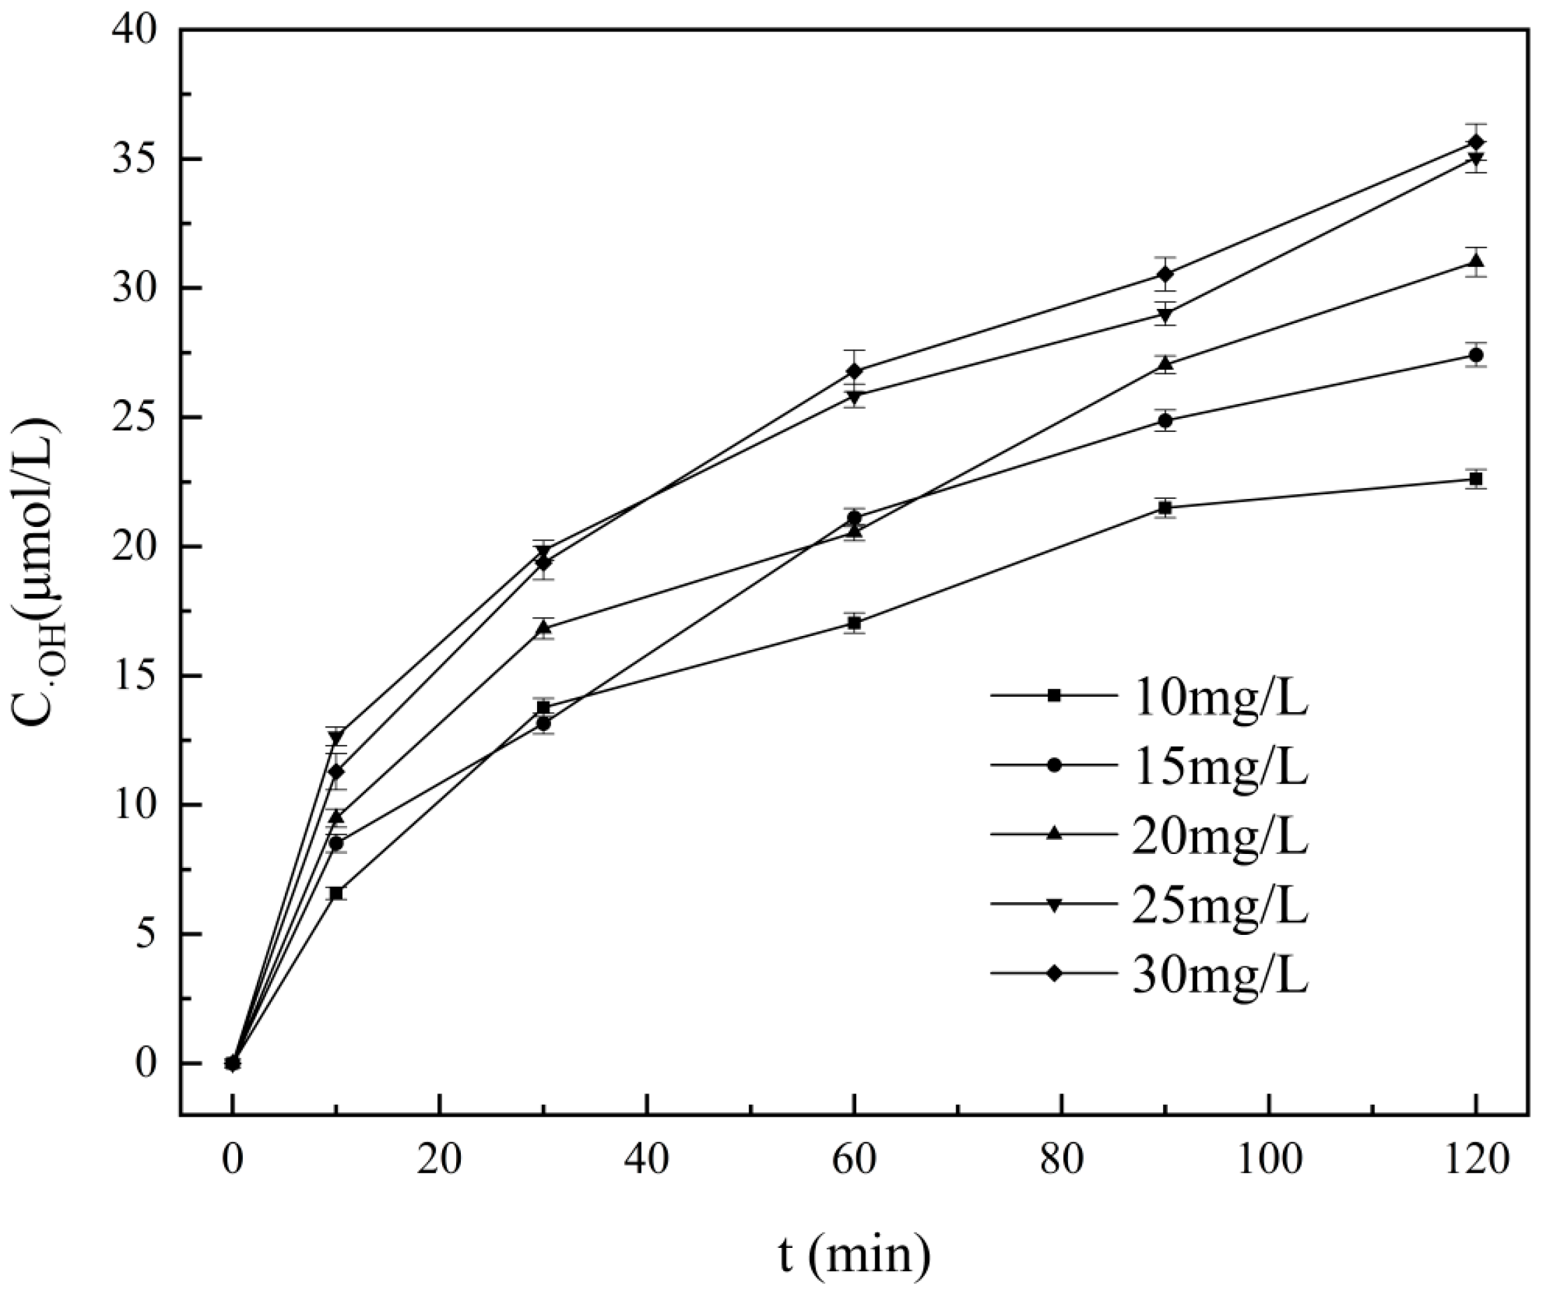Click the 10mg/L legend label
tap(1219, 695)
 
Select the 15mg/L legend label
tap(1219, 765)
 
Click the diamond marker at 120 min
tap(1475, 142)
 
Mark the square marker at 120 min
tap(1475, 479)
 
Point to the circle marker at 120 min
tap(1475, 355)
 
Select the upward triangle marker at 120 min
tap(1475, 261)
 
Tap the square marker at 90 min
tap(1164, 508)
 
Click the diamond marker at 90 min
tap(1164, 274)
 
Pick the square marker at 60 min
tap(854, 623)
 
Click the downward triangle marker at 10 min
tap(336, 737)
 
